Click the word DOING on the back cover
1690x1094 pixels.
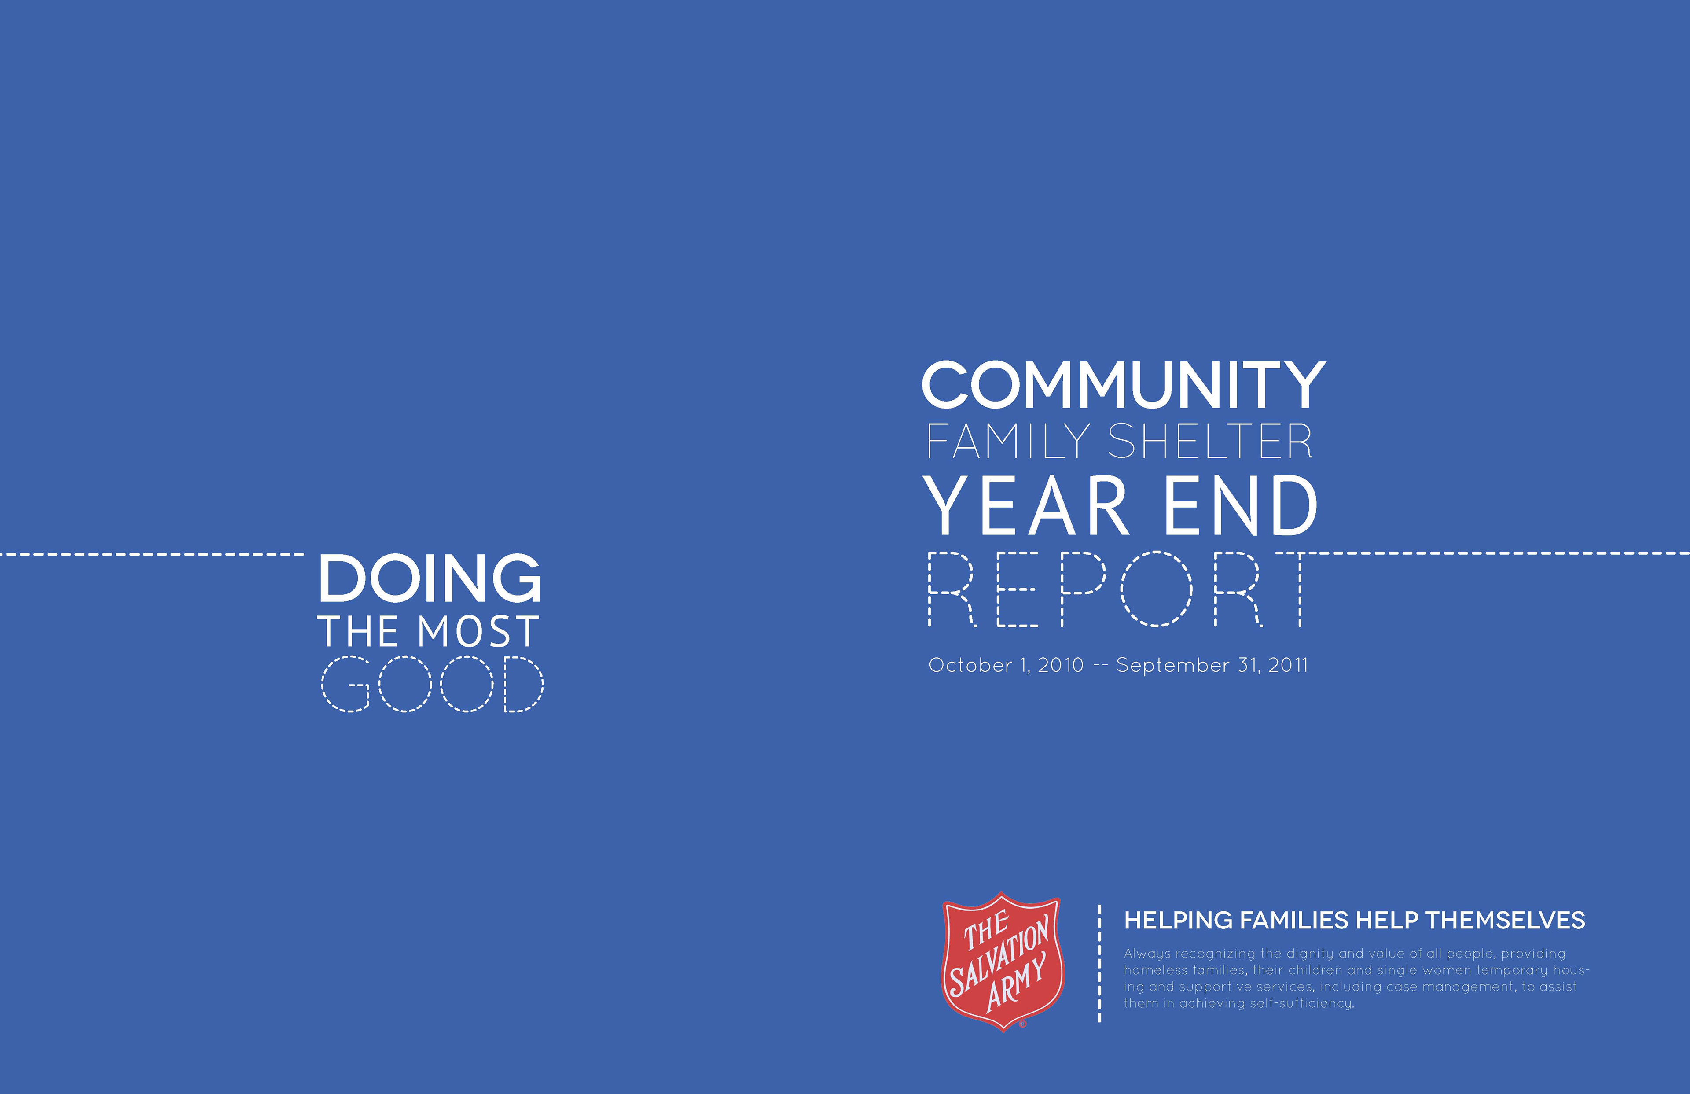click(x=430, y=578)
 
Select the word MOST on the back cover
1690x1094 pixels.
click(x=478, y=632)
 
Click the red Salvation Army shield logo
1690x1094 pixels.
click(x=1002, y=961)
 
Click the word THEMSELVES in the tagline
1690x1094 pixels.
click(x=1506, y=921)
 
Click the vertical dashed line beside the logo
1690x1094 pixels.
click(x=1099, y=963)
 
